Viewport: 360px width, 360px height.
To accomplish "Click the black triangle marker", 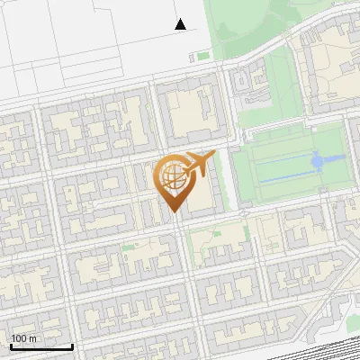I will click(180, 24).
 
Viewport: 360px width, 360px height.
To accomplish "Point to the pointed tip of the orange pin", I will click(171, 211).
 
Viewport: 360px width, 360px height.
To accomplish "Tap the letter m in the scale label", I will click(34, 338).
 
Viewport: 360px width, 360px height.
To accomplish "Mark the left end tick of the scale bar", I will click(11, 346).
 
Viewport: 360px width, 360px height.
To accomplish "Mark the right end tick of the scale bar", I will click(72, 346).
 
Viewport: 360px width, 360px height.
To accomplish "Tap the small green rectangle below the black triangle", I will click(192, 57).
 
